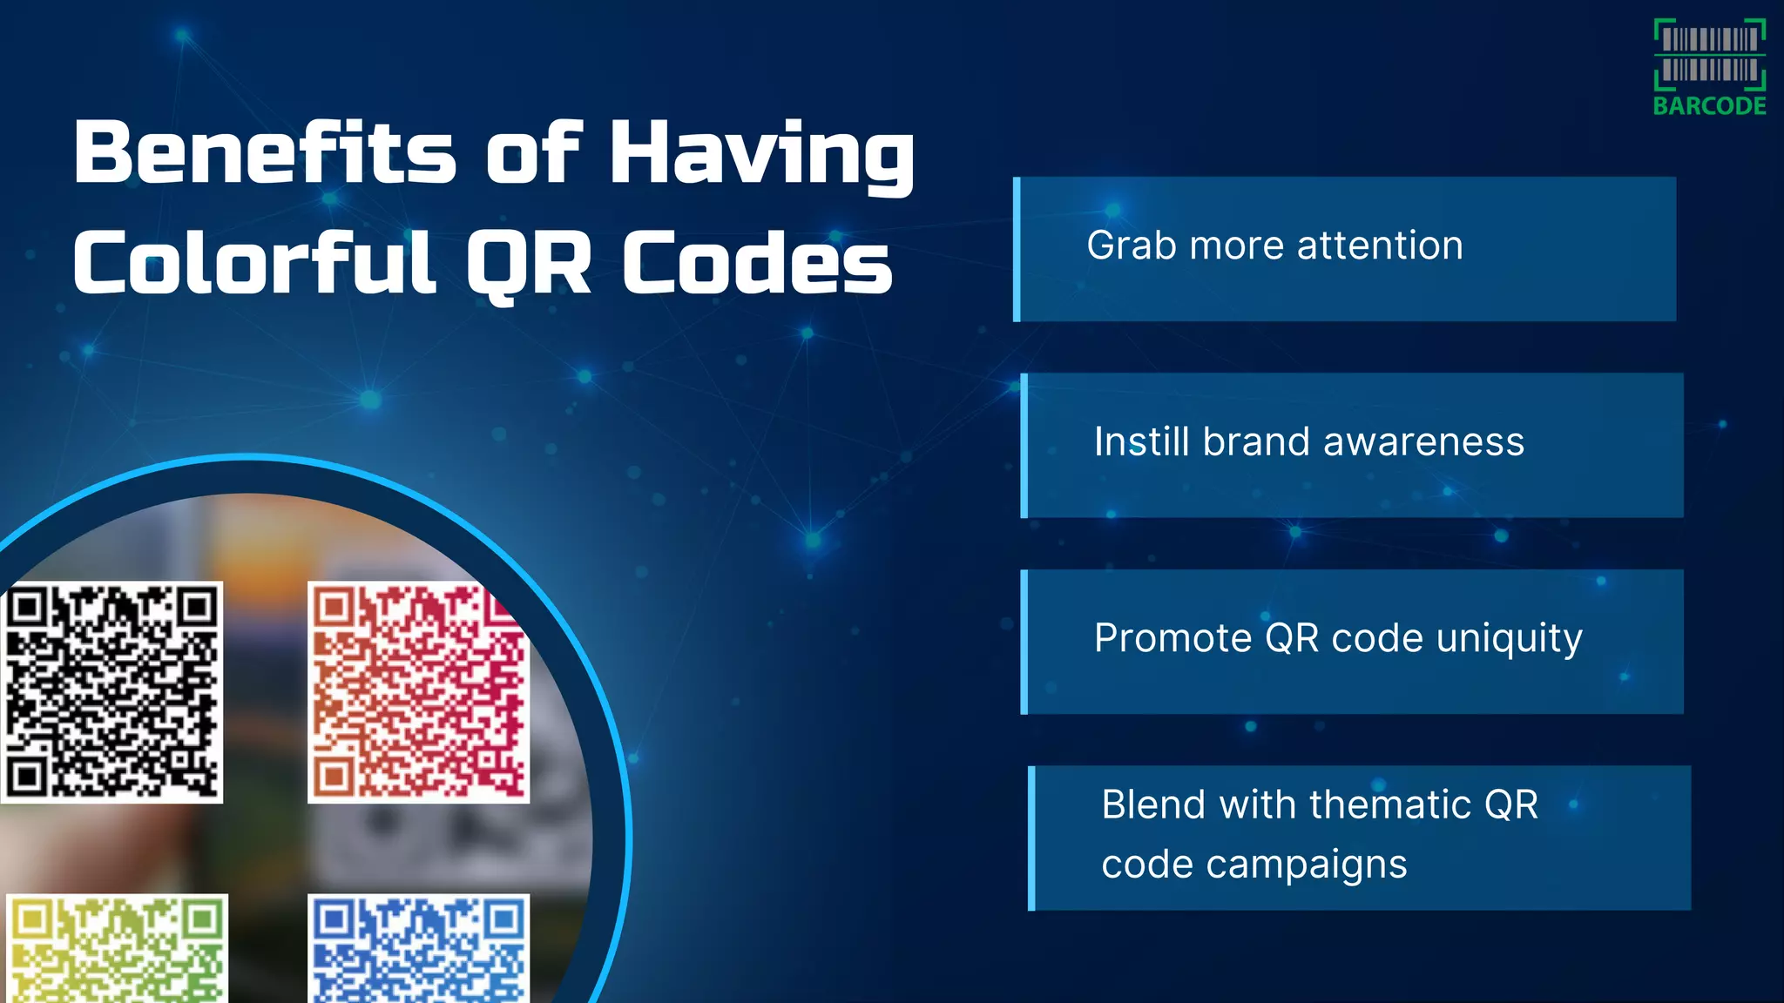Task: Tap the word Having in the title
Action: pyautogui.click(x=761, y=154)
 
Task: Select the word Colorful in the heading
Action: pyautogui.click(x=253, y=262)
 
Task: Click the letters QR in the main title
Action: pyautogui.click(x=529, y=264)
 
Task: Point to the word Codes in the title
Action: pyautogui.click(x=757, y=262)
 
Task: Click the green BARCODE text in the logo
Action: pyautogui.click(x=1709, y=106)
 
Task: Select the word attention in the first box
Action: pyautogui.click(x=1380, y=246)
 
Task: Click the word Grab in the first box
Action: pyautogui.click(x=1132, y=246)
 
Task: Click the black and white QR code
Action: pyautogui.click(x=112, y=691)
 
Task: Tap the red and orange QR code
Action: pyautogui.click(x=418, y=691)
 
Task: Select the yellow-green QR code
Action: pyautogui.click(x=117, y=949)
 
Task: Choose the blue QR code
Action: pyautogui.click(x=418, y=949)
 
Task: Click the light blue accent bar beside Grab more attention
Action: pyautogui.click(x=1017, y=249)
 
